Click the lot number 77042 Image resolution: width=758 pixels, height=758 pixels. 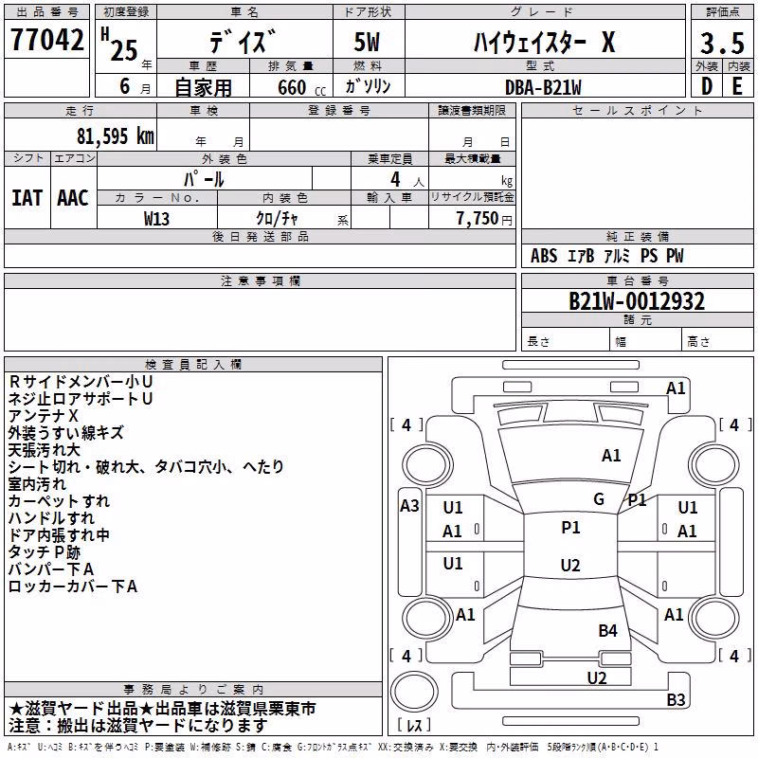pos(46,39)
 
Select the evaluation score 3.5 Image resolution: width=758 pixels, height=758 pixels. pos(722,43)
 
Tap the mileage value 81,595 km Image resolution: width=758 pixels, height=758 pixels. pos(115,136)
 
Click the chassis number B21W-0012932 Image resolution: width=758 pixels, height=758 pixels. pos(637,301)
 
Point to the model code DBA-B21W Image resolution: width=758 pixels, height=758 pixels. pos(543,87)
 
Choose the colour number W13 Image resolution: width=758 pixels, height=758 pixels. pos(156,219)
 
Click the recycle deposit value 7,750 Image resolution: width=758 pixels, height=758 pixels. pos(477,218)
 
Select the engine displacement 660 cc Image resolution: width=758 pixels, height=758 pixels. pos(301,87)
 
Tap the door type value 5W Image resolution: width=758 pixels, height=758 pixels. pos(367,42)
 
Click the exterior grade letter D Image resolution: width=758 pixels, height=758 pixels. pos(707,86)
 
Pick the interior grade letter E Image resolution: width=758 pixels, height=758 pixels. pos(737,86)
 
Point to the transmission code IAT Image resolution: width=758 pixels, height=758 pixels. pos(27,198)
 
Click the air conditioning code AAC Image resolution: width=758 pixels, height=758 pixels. pos(73,198)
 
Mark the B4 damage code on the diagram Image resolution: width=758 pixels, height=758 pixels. pos(607,630)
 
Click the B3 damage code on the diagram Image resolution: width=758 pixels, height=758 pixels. pos(676,699)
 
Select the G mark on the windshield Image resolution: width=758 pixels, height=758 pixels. pos(599,499)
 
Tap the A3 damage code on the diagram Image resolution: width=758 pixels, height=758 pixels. pos(409,506)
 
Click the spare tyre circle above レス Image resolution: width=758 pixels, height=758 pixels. pos(414,691)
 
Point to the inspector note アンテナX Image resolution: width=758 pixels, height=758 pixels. pos(43,416)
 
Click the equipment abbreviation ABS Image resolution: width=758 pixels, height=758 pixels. pos(544,256)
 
